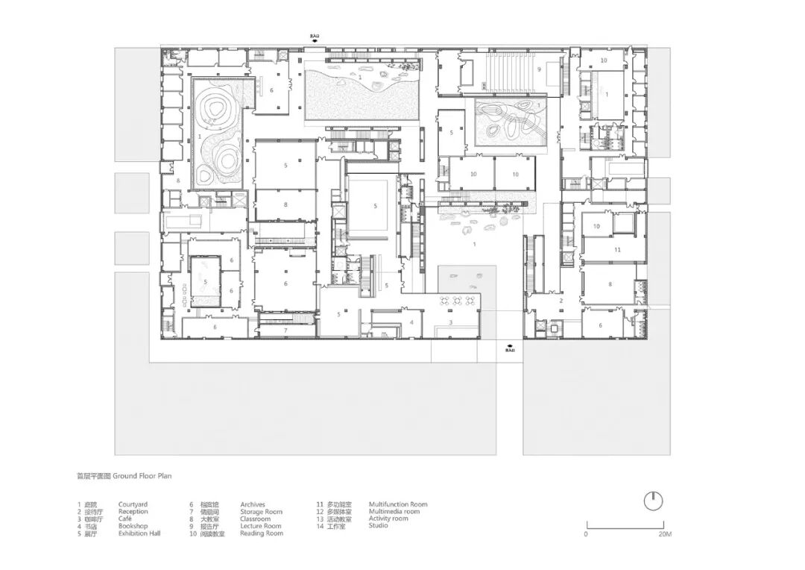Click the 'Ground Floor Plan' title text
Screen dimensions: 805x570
pos(142,475)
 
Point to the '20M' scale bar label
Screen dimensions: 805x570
pos(663,534)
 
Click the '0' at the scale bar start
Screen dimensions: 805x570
pos(586,534)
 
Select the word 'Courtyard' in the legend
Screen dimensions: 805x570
pos(133,505)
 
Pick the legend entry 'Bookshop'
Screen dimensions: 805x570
pos(133,526)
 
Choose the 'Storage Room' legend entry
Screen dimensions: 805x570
pos(261,512)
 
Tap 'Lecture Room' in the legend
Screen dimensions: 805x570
pos(260,526)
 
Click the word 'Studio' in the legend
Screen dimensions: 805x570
pos(378,526)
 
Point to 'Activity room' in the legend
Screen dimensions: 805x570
pos(388,519)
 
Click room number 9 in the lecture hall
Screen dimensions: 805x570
pos(538,69)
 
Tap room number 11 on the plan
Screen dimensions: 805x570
pos(618,249)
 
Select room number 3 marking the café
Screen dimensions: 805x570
pos(450,322)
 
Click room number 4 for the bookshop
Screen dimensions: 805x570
pos(411,322)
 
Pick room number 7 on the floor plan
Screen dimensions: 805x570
pos(285,330)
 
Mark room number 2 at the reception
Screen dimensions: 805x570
pos(561,301)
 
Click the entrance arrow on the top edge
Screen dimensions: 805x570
pos(316,41)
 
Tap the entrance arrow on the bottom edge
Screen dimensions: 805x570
pos(510,346)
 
